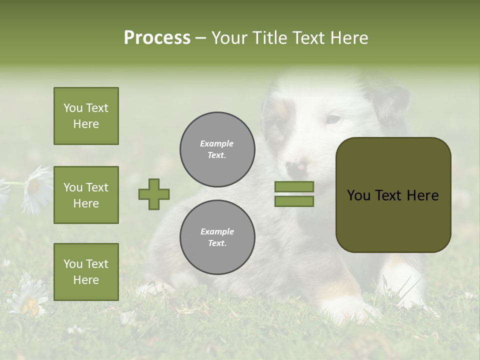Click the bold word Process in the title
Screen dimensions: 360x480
pos(157,37)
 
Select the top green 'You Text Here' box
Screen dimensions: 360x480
pos(86,116)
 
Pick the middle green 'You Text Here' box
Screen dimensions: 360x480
pos(86,195)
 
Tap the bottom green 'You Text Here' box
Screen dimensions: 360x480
pos(86,271)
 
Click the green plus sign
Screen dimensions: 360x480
pos(154,194)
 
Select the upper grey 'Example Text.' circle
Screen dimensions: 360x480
pos(217,149)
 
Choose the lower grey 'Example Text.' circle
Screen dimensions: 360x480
pos(217,237)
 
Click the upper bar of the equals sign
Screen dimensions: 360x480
pos(294,186)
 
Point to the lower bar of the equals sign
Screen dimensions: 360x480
pos(294,201)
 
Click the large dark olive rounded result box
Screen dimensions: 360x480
pos(393,195)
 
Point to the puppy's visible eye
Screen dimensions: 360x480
pos(332,119)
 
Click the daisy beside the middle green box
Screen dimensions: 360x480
pos(35,189)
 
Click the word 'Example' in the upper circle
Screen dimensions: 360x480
pos(217,143)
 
